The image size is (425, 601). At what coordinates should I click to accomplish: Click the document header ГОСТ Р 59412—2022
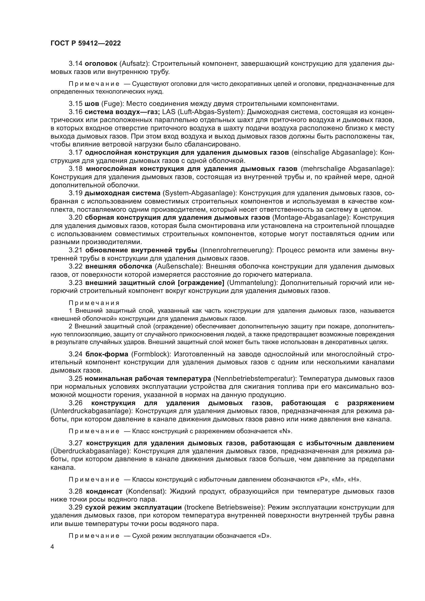[86, 43]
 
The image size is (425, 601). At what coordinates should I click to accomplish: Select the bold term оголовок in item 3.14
[101, 64]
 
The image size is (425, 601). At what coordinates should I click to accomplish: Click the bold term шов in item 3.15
[91, 104]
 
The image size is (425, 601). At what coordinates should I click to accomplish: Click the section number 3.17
[76, 152]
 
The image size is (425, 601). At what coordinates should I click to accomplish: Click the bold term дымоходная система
[123, 193]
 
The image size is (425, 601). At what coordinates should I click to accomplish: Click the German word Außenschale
[178, 266]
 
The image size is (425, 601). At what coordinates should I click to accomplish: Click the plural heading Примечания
[94, 303]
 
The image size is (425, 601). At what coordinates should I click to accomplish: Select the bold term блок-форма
[107, 354]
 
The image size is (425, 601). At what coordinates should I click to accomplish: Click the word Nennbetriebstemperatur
[255, 378]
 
